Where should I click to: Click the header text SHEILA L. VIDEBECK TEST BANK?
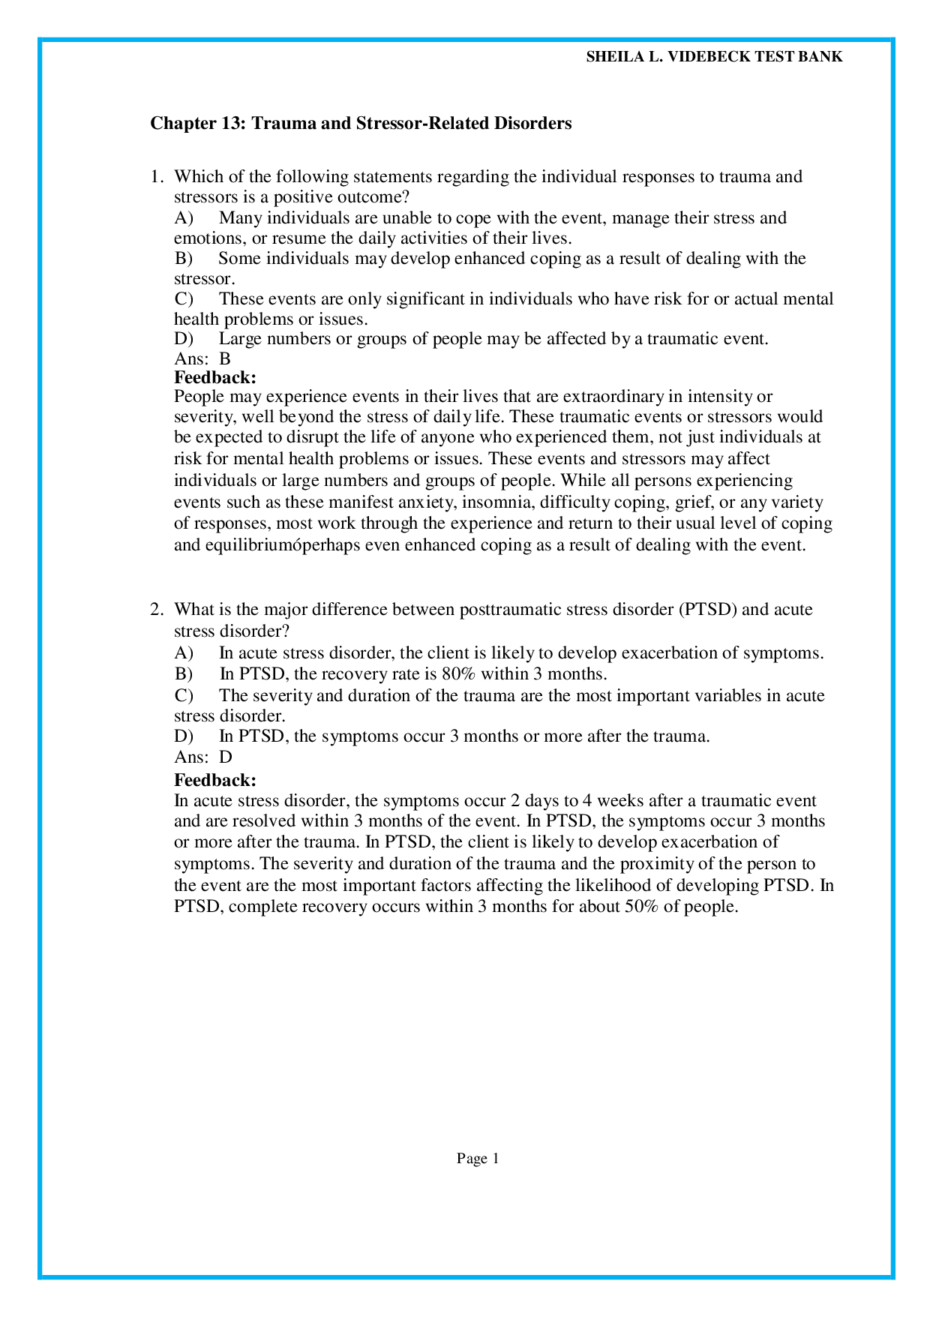pos(713,57)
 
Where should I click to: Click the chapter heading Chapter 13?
pos(361,123)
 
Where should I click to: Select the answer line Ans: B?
pos(202,358)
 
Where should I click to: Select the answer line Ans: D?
pos(203,757)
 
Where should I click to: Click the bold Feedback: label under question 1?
pos(215,377)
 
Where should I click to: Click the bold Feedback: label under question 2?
pos(215,780)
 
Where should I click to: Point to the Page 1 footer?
pos(478,1159)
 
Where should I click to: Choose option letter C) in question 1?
pos(184,299)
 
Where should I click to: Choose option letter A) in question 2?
pos(184,652)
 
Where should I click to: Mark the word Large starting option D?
pos(240,339)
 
